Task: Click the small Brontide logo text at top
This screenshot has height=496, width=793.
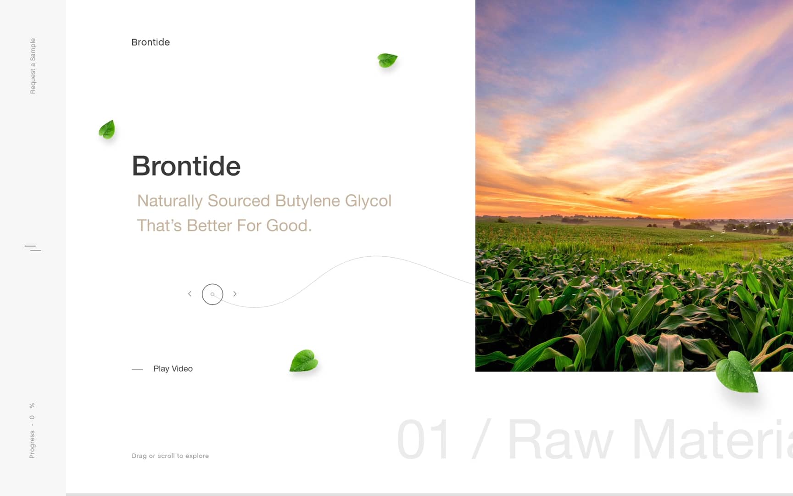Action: coord(151,42)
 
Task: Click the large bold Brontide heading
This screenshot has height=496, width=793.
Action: coord(186,166)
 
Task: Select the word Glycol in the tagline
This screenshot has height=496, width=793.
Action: coord(368,201)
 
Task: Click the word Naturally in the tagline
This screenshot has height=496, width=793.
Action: coord(170,201)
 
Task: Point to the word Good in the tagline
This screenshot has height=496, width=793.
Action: coord(287,225)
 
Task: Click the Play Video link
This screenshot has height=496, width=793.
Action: coord(173,369)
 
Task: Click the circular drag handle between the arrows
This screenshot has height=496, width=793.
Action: coord(212,294)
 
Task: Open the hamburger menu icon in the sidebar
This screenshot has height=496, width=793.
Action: coord(33,248)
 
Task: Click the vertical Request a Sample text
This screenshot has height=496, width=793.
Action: coord(33,66)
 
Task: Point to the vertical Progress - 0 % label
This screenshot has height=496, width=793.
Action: coord(32,431)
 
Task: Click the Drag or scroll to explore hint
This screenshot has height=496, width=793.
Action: coord(170,456)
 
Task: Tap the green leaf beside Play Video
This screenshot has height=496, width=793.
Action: coord(304,361)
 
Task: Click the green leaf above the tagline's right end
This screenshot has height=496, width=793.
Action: coord(387,60)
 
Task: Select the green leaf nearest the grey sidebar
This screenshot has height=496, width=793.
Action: coord(107,130)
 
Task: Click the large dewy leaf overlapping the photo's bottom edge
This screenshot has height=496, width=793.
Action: coord(737,372)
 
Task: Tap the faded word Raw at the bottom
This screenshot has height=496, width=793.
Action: coord(560,440)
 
